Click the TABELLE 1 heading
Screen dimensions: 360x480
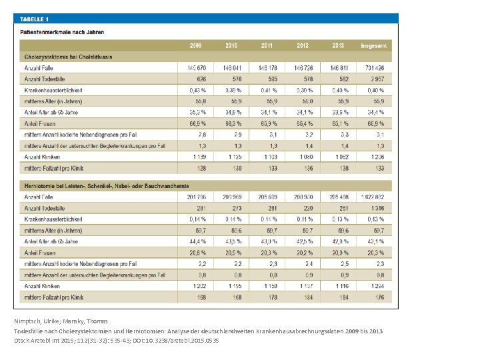pyautogui.click(x=37, y=20)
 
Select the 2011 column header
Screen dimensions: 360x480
pyautogui.click(x=267, y=45)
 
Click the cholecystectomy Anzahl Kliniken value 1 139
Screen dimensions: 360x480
pyautogui.click(x=195, y=157)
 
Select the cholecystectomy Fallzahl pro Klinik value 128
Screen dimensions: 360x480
pyautogui.click(x=197, y=168)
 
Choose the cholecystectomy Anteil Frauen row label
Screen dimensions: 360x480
pyautogui.click(x=41, y=123)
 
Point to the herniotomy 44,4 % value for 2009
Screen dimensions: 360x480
pyautogui.click(x=196, y=241)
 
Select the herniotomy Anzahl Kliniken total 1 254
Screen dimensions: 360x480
pyautogui.click(x=376, y=286)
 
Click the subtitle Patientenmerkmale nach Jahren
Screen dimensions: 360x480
pyautogui.click(x=62, y=31)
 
